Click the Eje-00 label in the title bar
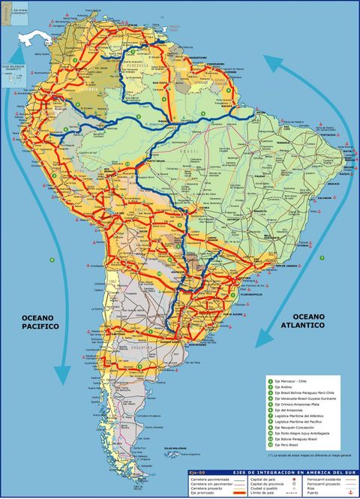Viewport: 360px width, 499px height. (x=198, y=471)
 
